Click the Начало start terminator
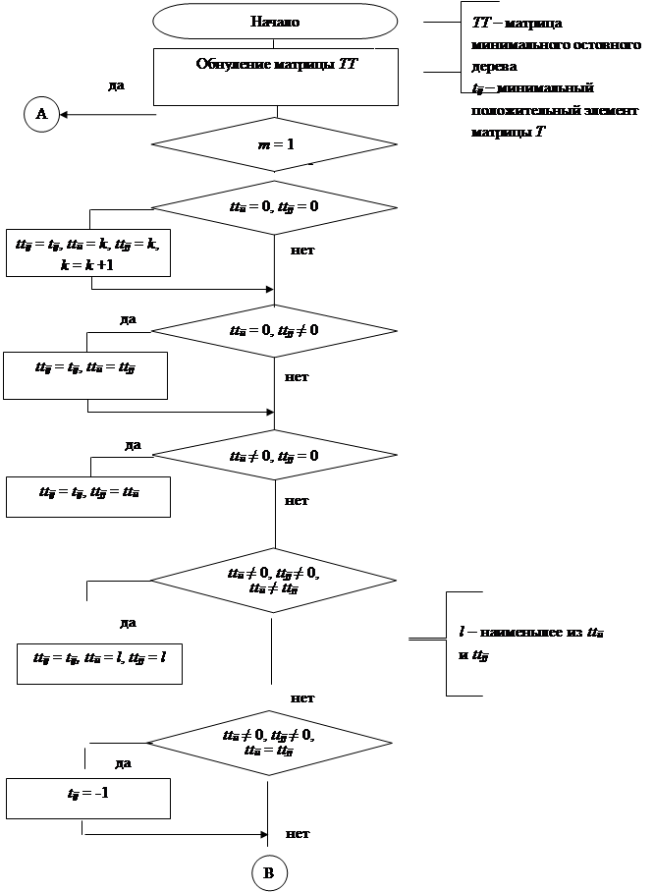coord(275,21)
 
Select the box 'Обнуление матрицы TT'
coord(275,77)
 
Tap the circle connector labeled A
coord(41,115)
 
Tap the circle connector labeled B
coord(269,872)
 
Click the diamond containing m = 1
coord(275,144)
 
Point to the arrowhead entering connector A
coord(64,115)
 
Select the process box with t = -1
coord(88,797)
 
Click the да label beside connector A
coord(116,85)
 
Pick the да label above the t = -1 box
coord(123,761)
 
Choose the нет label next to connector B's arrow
coord(299,833)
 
